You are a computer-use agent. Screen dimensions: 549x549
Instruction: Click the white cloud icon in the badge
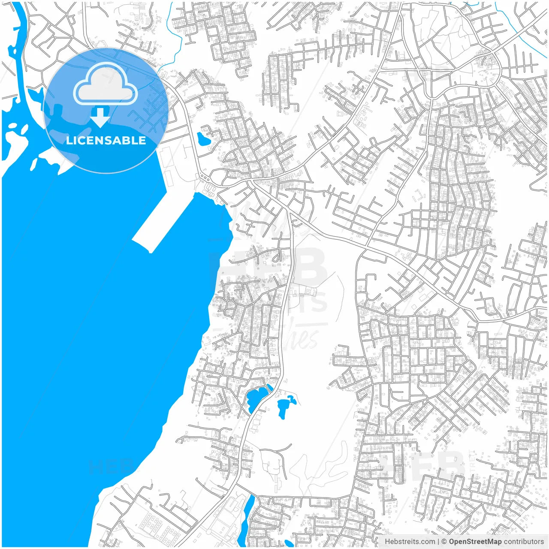tap(106, 85)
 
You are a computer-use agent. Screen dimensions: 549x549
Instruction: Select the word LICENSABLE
tap(106, 140)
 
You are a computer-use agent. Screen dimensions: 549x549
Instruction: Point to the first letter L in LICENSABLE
tap(69, 140)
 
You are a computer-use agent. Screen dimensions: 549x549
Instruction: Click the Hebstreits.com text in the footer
tap(410, 542)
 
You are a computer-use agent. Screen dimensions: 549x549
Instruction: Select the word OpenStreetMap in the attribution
tap(475, 542)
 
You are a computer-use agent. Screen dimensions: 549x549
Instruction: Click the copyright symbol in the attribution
tap(444, 542)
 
